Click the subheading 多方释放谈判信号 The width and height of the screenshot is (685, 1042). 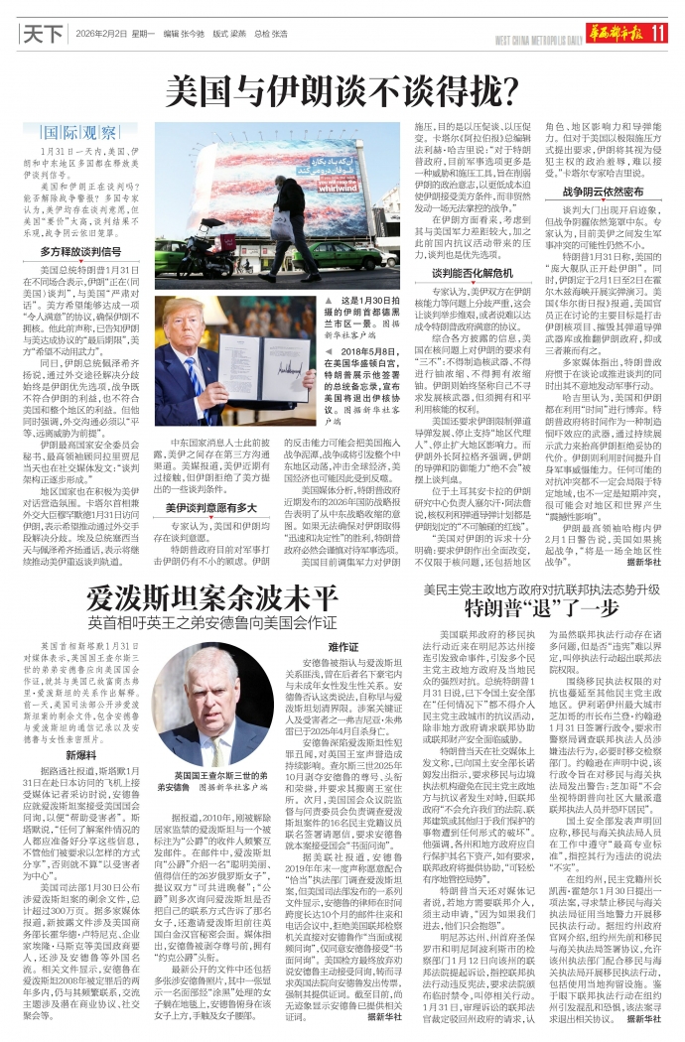(82, 252)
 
